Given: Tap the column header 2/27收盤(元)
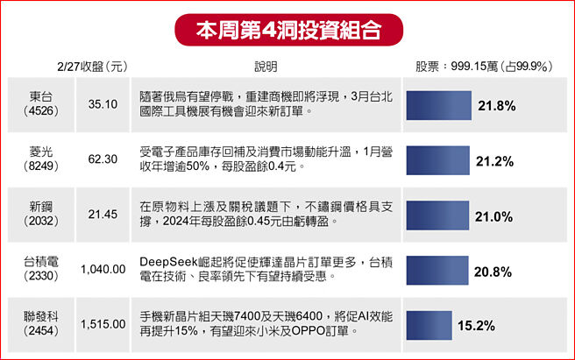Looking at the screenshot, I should pyautogui.click(x=91, y=67).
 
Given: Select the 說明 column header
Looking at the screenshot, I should pyautogui.click(x=266, y=67).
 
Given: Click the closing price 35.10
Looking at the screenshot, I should pyautogui.click(x=103, y=104).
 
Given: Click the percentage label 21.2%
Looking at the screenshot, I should pyautogui.click(x=493, y=161).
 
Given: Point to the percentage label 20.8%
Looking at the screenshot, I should pyautogui.click(x=493, y=272).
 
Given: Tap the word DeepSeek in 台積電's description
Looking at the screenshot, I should pyautogui.click(x=167, y=261).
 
